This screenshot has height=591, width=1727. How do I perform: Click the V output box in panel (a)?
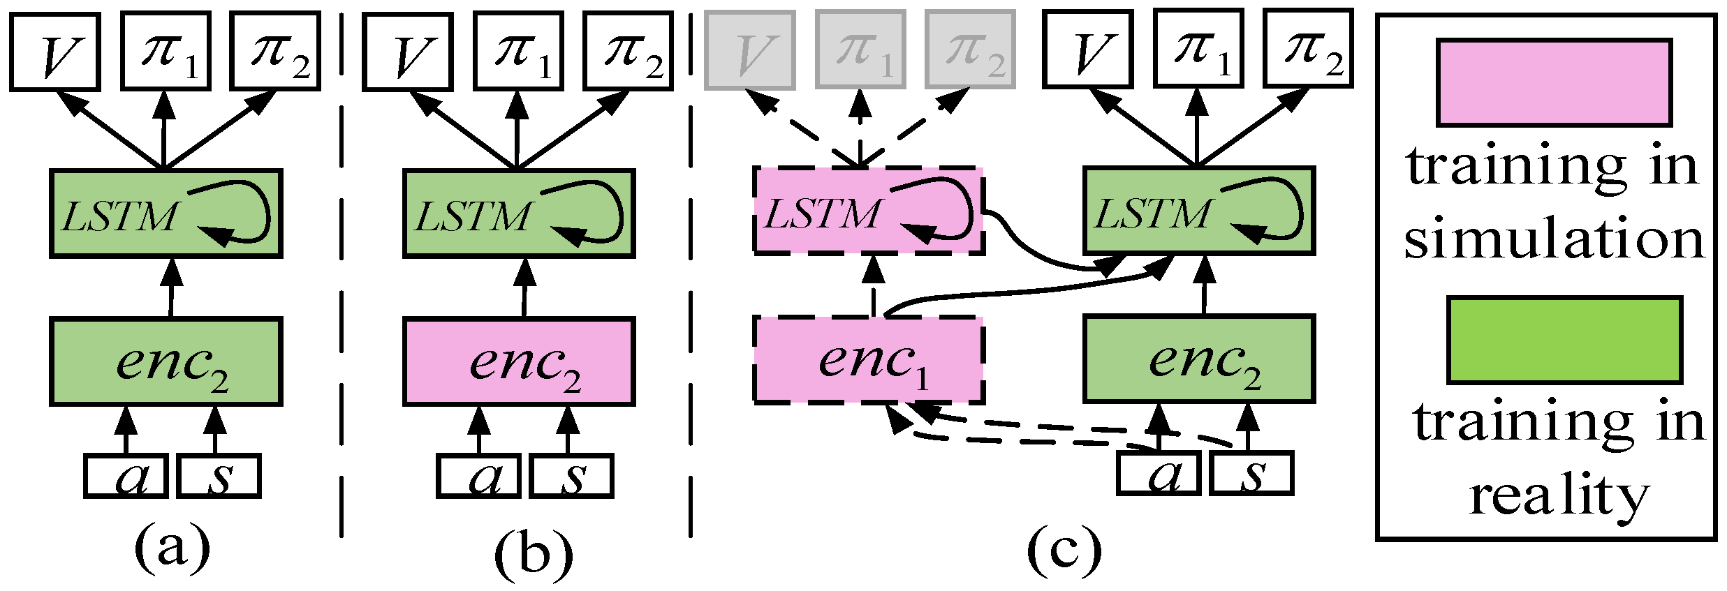(54, 51)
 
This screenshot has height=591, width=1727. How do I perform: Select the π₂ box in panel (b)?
(628, 51)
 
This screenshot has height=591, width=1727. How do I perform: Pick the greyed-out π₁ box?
(861, 50)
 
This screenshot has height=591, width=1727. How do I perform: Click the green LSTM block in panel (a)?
(166, 213)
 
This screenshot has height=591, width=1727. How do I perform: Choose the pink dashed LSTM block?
(869, 210)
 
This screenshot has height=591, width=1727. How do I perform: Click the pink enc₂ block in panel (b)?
(519, 361)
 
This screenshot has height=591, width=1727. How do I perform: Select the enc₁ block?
(869, 359)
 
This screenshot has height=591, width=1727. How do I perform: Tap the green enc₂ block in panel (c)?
(1199, 359)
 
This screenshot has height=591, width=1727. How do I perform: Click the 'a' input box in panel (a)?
(126, 476)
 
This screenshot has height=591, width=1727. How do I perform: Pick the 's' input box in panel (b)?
(572, 476)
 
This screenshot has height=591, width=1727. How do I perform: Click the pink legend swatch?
(1554, 82)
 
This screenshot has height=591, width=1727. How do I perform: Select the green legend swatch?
(1564, 340)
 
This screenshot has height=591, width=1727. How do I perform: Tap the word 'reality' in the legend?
(1559, 497)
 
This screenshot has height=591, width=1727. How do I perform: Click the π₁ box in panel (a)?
(166, 51)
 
